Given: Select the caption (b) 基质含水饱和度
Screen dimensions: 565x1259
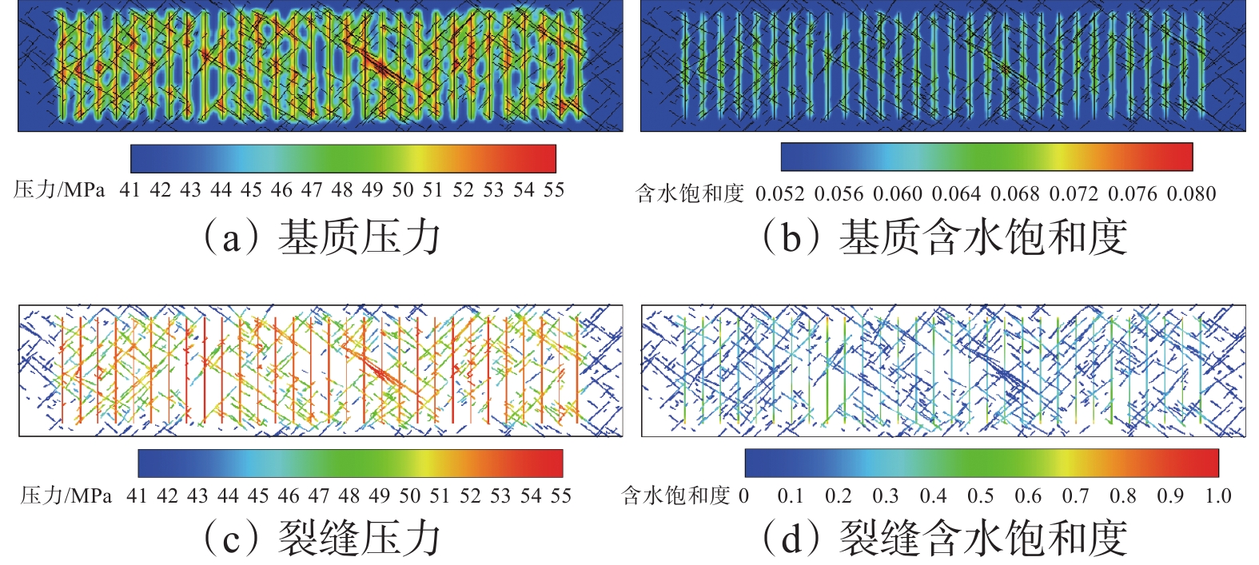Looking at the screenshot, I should [x=944, y=237].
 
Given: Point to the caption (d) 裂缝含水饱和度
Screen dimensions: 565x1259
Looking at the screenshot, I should [x=944, y=538].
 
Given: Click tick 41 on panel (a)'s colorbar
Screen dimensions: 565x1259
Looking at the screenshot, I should [x=129, y=190].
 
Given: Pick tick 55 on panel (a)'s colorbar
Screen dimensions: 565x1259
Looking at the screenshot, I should [x=554, y=190].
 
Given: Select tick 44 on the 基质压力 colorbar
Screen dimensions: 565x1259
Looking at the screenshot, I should [x=221, y=190].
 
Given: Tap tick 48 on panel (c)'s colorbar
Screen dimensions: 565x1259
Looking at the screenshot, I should [x=349, y=496].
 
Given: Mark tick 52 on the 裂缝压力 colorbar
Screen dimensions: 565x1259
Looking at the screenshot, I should [x=470, y=496].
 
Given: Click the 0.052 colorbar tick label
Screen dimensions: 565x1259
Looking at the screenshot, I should [x=780, y=194].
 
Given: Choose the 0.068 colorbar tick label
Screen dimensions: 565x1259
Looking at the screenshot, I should [x=1015, y=194].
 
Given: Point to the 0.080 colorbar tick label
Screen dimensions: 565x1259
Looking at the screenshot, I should [x=1191, y=194].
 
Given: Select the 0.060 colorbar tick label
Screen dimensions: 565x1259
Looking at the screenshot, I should [x=898, y=194].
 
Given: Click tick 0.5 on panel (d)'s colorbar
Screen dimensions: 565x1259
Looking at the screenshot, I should [x=981, y=496].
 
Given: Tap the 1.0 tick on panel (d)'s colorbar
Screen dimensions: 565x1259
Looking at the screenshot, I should [x=1218, y=496].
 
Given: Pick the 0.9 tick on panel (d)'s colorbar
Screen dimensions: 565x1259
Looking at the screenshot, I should [x=1170, y=496].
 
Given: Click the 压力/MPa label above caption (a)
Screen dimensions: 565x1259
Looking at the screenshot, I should [x=59, y=190].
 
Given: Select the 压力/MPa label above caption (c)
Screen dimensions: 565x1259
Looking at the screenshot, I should [x=66, y=496].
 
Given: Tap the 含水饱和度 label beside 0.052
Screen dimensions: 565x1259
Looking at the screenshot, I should [x=690, y=194].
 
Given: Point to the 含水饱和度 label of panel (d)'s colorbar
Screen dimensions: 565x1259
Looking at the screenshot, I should [x=676, y=496].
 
